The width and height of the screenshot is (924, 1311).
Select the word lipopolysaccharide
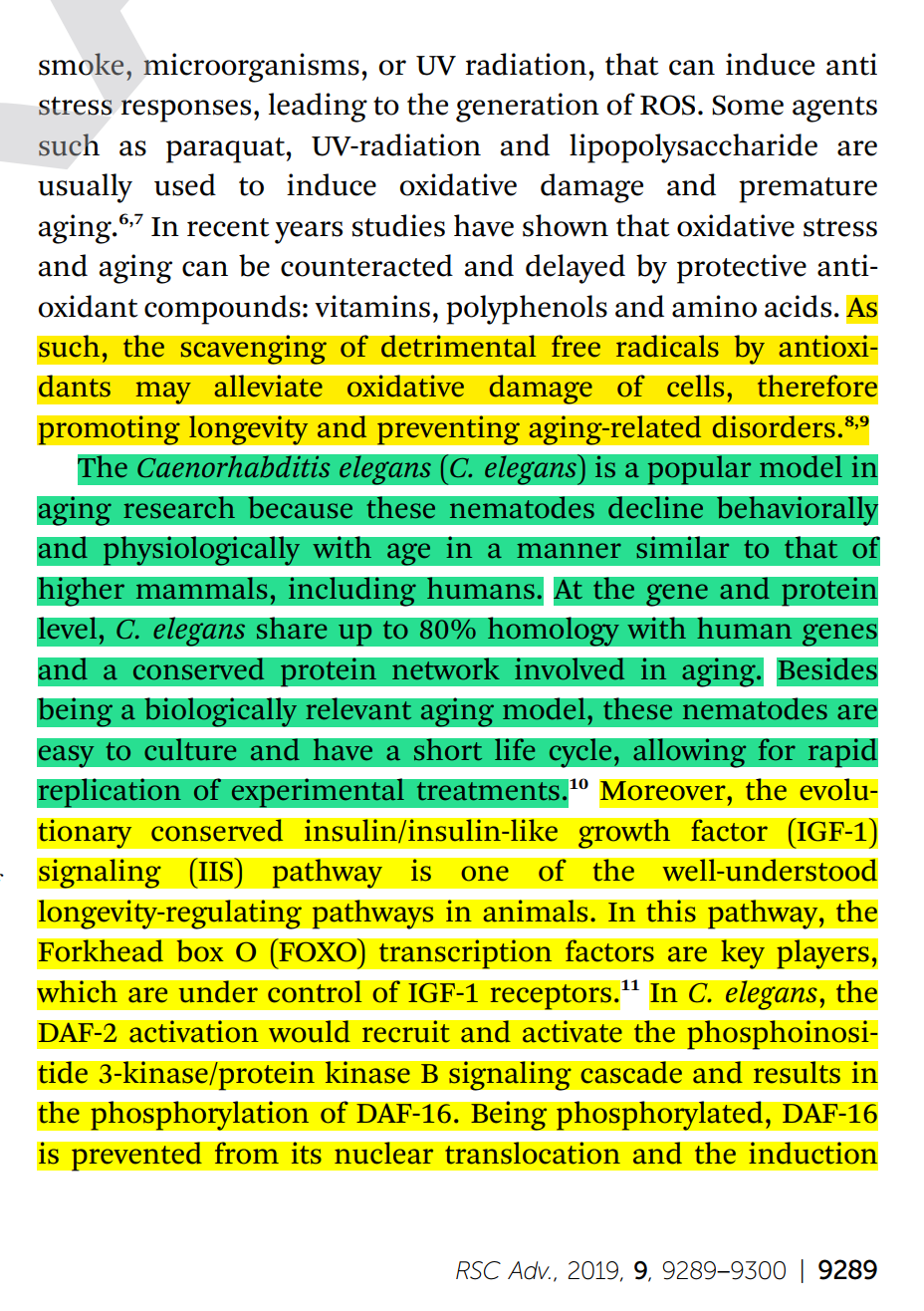693,146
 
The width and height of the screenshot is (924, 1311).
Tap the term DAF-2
78,1033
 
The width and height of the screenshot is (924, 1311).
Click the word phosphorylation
212,1114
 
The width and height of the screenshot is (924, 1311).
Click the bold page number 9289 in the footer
847,1270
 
